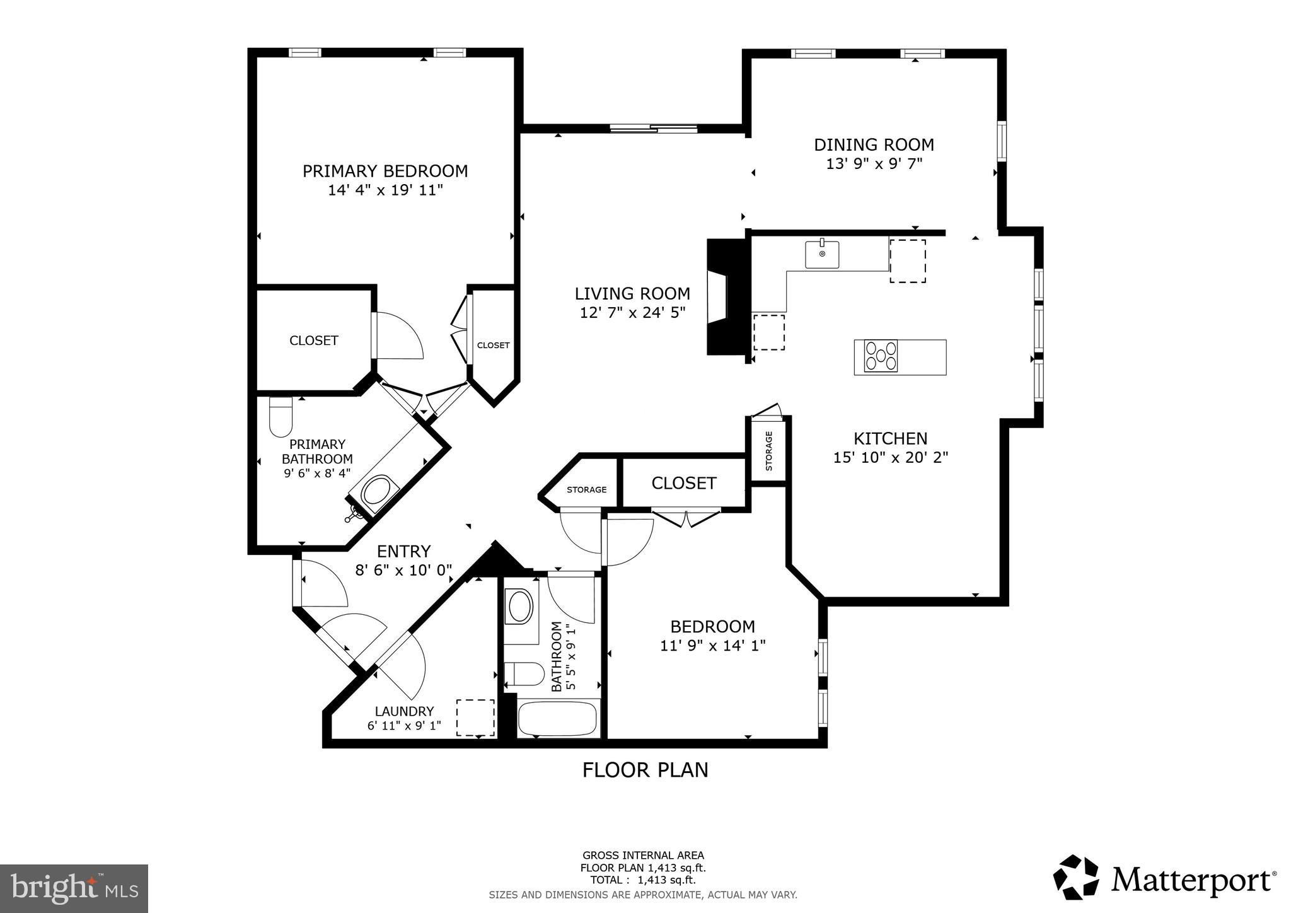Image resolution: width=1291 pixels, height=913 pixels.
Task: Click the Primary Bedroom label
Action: coord(385,171)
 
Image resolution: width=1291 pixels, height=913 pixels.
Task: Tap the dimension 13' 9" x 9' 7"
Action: coord(874,164)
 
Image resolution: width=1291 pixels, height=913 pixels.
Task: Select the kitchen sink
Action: coord(822,254)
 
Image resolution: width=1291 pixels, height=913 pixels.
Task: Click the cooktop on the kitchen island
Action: coord(881,356)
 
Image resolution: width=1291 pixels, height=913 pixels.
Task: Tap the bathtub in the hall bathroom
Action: coord(557,719)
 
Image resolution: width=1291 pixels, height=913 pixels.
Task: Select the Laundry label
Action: coord(404,711)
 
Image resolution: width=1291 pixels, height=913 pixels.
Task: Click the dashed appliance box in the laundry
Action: coord(475,718)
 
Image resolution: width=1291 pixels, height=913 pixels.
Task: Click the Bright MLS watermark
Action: coord(74,889)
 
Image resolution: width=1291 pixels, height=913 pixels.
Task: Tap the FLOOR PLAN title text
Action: coord(645,770)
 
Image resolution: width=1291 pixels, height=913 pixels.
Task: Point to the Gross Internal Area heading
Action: coord(643,856)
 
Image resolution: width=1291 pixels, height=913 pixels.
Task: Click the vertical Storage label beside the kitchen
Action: coord(768,451)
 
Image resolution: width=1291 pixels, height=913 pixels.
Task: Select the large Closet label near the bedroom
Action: coord(683,483)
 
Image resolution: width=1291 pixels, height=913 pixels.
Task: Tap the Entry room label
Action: coord(403,551)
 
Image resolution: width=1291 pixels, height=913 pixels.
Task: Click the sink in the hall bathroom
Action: coord(520,607)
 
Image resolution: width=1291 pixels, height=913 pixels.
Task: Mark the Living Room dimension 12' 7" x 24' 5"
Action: coord(632,312)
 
